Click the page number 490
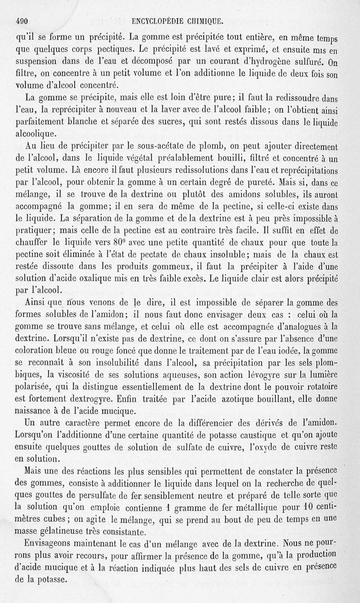[22, 20]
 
